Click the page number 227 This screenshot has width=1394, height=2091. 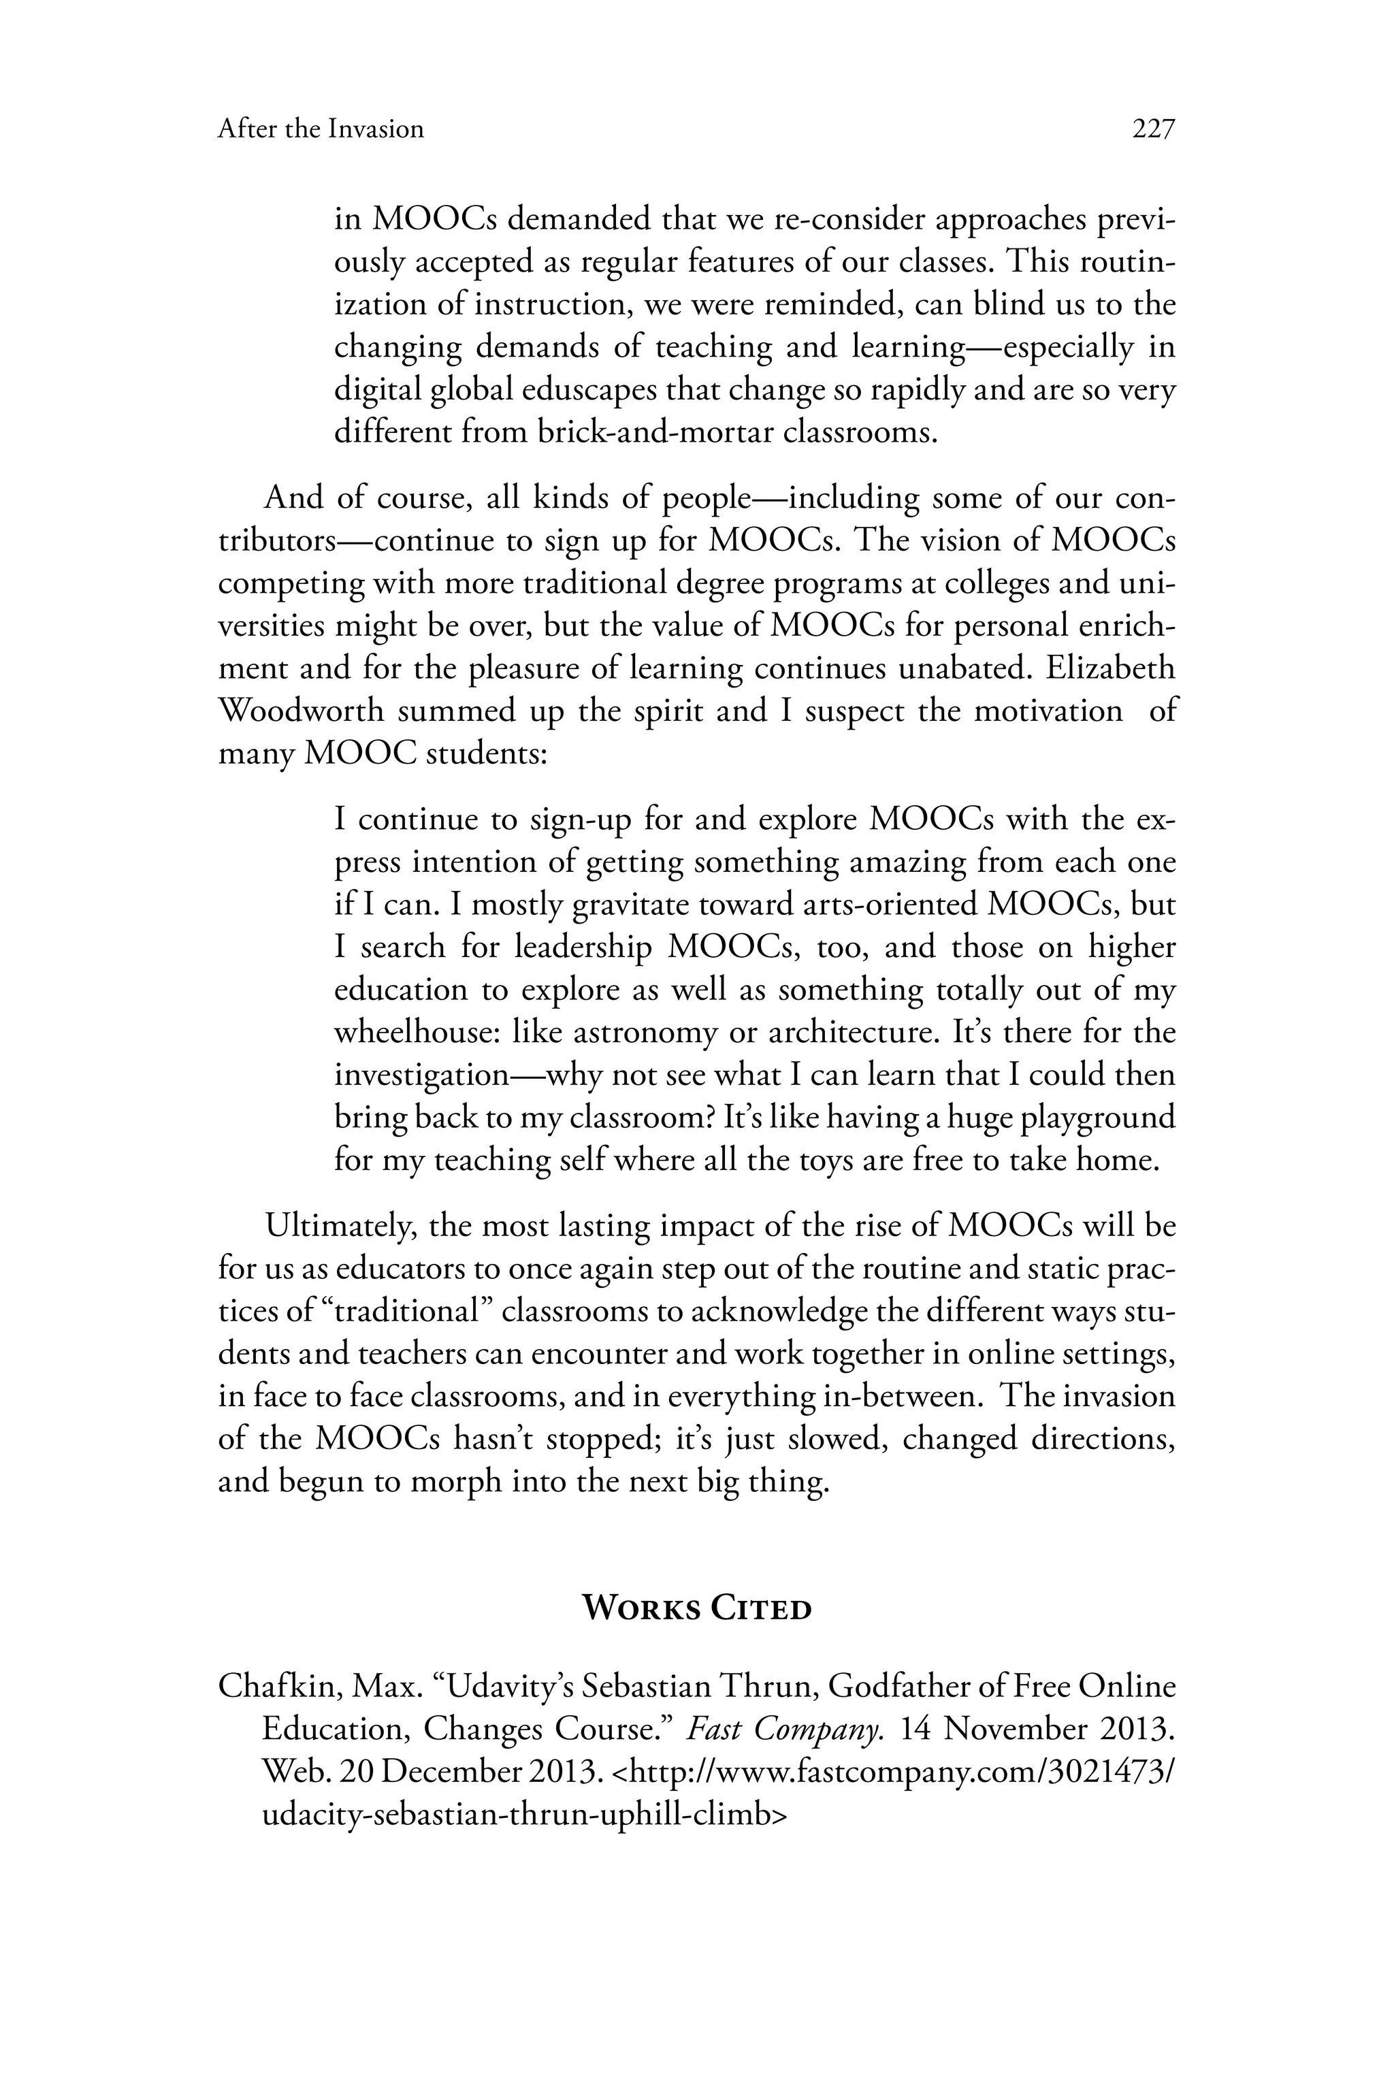point(1153,130)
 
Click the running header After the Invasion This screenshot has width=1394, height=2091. point(321,130)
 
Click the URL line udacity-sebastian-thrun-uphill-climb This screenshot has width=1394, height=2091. point(525,1815)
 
